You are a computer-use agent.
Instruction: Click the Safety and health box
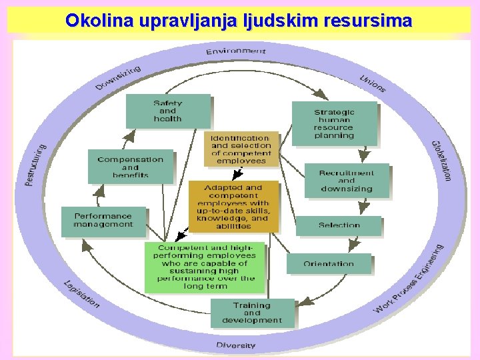tap(168, 111)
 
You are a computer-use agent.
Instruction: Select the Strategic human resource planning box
tap(334, 123)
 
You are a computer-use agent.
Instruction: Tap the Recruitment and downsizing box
tap(346, 180)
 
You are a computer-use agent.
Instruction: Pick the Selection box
tap(339, 225)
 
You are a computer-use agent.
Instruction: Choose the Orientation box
tap(329, 263)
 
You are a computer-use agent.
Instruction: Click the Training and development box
tap(252, 313)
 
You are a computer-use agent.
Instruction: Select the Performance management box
tap(103, 221)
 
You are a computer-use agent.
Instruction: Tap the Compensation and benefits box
tap(130, 167)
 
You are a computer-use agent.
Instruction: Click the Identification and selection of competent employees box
tap(241, 149)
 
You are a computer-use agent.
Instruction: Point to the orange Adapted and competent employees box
tap(233, 206)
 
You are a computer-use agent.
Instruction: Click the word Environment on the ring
tap(235, 51)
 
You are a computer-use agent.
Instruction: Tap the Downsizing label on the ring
tap(118, 77)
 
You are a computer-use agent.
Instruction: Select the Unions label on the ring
tap(373, 83)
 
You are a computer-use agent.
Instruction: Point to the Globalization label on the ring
tap(441, 160)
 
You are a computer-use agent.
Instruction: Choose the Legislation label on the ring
tap(81, 293)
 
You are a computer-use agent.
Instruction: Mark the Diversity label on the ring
tap(236, 345)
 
